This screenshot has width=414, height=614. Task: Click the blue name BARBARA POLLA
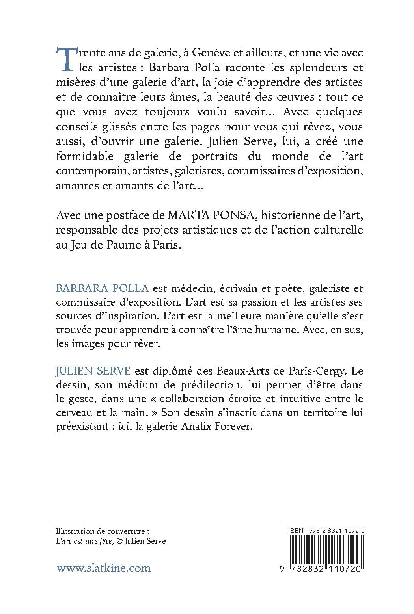point(103,288)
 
